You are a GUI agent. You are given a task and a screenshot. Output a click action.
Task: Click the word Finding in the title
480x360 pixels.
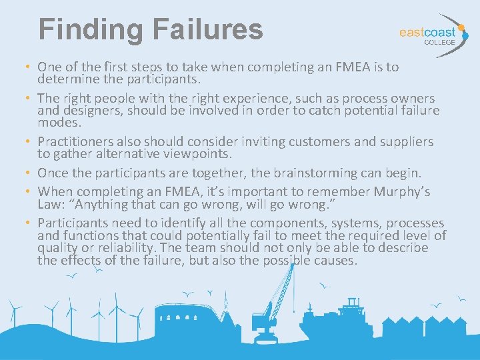(x=91, y=30)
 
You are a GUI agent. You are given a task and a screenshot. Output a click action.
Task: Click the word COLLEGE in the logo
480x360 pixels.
(x=440, y=42)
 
